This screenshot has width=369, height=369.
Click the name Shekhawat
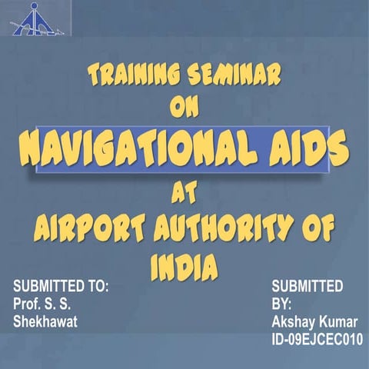click(x=47, y=321)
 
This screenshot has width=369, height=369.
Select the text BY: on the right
click(x=282, y=304)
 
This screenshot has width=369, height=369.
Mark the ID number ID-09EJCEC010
click(x=317, y=339)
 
